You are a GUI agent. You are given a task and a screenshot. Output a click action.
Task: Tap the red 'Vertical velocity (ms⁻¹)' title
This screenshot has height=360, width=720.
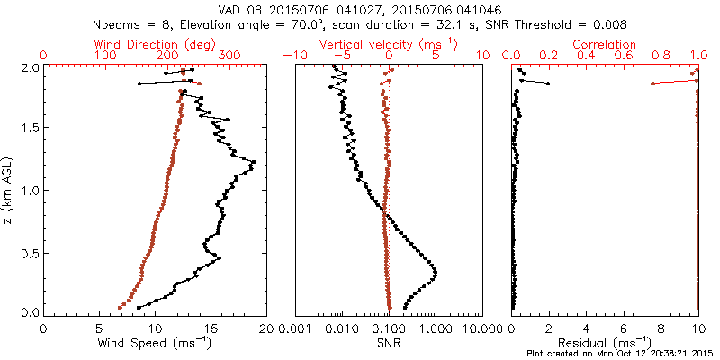(387, 44)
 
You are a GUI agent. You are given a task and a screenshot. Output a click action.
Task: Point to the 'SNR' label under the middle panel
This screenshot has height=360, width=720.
(388, 342)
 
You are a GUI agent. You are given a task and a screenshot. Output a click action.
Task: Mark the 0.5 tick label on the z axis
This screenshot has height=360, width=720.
(30, 252)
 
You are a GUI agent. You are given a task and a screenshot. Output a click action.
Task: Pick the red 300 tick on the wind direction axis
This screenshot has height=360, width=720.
(229, 56)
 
